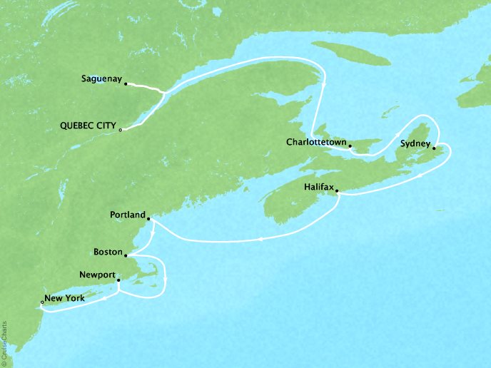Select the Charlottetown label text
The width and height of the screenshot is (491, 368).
click(315, 142)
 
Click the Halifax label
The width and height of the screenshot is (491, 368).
click(312, 187)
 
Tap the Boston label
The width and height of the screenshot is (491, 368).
click(108, 252)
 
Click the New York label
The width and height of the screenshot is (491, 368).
click(65, 299)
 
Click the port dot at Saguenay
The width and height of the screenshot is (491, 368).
click(126, 84)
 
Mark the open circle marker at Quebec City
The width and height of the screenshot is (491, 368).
click(121, 130)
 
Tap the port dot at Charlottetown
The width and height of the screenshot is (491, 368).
click(350, 146)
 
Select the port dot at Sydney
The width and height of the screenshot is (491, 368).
click(433, 148)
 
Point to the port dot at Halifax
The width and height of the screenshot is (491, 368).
click(336, 190)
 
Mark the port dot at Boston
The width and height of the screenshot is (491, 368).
click(126, 256)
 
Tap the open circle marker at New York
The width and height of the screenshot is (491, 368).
click(42, 303)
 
